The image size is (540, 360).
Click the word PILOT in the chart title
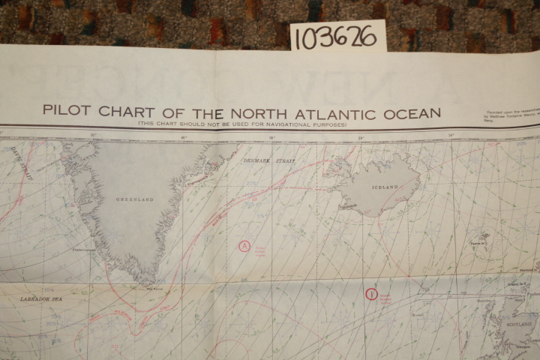tap(65, 111)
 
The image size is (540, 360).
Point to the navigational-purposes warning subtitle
tap(241, 124)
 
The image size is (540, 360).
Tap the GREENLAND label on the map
tap(134, 199)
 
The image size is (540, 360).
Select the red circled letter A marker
tap(243, 245)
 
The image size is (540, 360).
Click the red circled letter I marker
tap(370, 293)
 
